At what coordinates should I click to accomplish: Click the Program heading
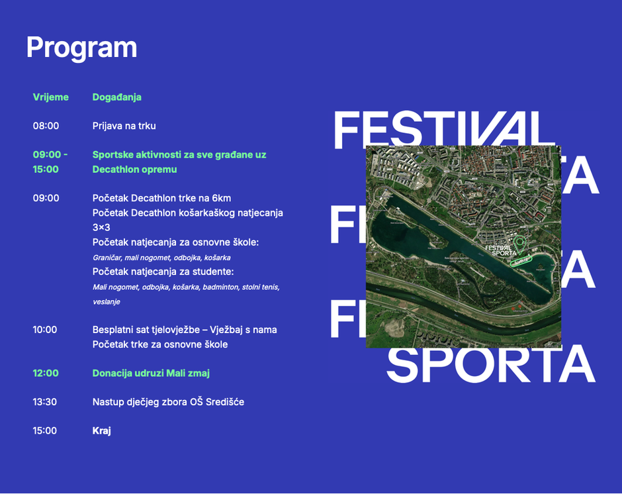[81, 48]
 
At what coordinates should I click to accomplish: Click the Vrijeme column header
[51, 97]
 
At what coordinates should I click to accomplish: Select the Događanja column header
[117, 97]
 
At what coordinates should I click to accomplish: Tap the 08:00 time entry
[46, 126]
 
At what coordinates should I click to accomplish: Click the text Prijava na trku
[124, 126]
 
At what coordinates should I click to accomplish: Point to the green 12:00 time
[46, 373]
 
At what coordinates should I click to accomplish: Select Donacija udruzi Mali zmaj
[151, 373]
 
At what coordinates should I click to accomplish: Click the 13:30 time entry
[45, 402]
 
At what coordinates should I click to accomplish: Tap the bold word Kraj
[101, 431]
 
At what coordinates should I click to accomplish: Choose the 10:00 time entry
[45, 330]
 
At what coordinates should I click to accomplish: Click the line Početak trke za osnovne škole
[160, 344]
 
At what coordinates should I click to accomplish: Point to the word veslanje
[107, 302]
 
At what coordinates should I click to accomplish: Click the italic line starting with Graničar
[161, 258]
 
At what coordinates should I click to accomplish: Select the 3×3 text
[101, 228]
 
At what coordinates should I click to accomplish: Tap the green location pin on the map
[519, 242]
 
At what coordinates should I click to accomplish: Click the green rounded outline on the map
[521, 261]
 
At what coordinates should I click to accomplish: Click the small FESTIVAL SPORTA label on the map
[500, 250]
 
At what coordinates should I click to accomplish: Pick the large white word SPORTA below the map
[491, 365]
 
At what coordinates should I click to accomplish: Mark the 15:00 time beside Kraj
[45, 431]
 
